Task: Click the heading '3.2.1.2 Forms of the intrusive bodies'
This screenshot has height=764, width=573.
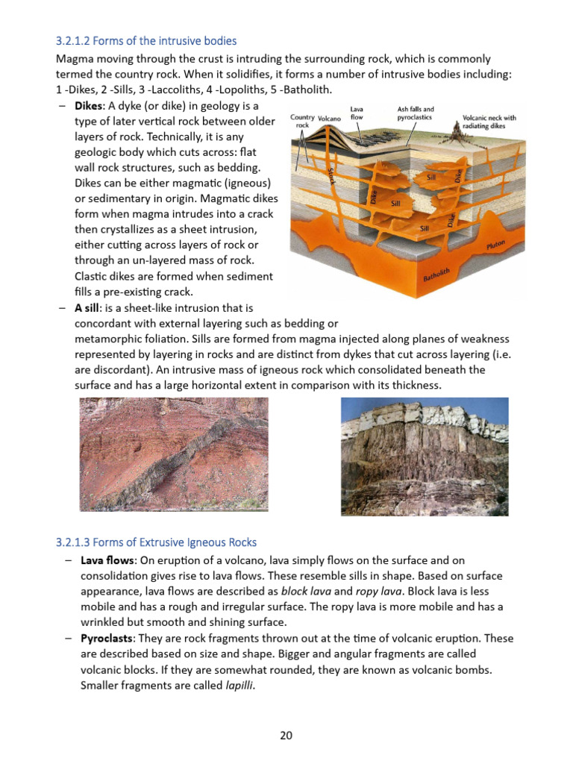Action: tap(146, 40)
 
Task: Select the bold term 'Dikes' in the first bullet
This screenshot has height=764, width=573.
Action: tap(89, 106)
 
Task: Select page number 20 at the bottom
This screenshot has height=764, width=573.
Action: tap(286, 735)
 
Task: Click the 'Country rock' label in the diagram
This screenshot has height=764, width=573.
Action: tap(301, 121)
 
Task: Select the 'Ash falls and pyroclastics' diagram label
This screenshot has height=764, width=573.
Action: tap(416, 113)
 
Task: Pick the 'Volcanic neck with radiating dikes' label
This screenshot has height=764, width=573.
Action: tap(489, 122)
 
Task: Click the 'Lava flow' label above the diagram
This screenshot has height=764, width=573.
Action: tap(357, 113)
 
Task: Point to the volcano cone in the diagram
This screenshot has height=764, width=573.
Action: tap(329, 139)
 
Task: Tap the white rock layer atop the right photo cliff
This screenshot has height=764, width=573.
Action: tap(448, 414)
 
